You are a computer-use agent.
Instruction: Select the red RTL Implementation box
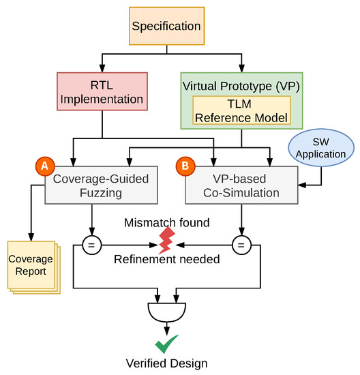102,93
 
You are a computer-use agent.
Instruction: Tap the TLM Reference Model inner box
241,109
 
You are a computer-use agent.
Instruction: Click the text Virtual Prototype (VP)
241,86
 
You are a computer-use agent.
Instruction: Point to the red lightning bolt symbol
167,241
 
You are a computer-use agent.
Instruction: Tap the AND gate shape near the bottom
167,312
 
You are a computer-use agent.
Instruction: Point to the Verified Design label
167,363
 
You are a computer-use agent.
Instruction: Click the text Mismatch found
166,223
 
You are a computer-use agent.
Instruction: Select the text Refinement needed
166,259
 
